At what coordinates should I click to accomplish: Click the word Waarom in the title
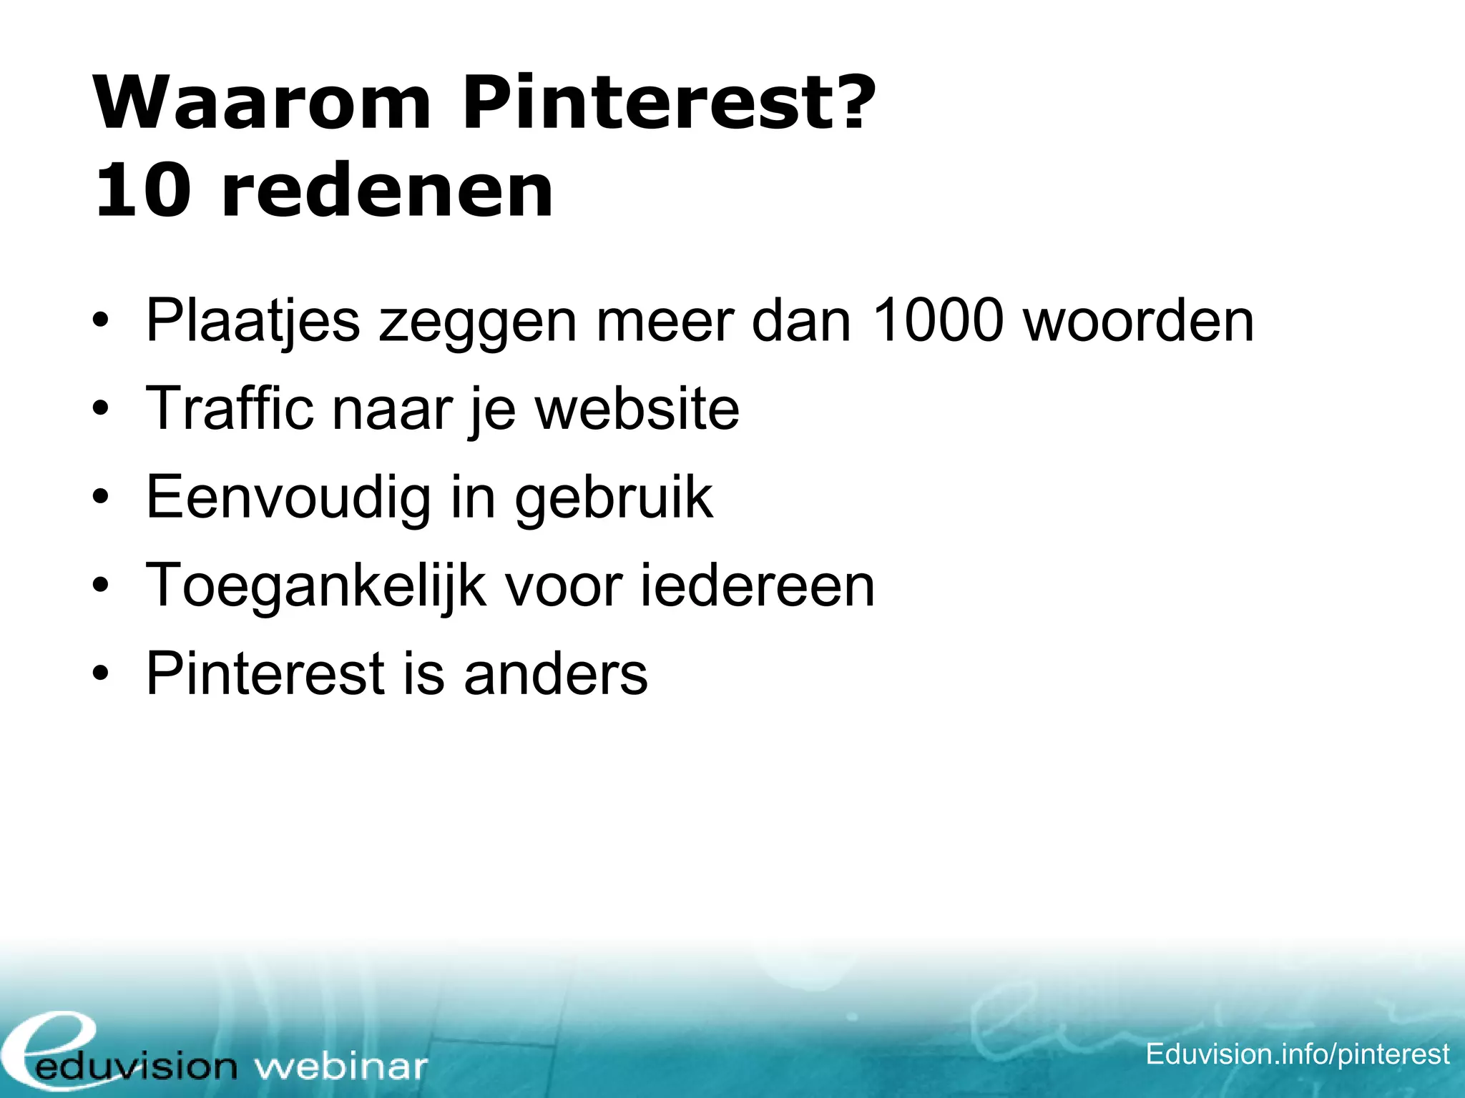click(262, 104)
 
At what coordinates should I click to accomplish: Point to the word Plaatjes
click(253, 322)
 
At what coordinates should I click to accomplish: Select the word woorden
click(1139, 320)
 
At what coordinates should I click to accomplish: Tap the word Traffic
click(230, 408)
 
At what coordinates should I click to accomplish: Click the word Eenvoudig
click(288, 498)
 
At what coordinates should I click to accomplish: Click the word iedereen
click(757, 585)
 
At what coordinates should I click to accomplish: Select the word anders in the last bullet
click(556, 673)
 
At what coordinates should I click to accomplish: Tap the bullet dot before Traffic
click(101, 410)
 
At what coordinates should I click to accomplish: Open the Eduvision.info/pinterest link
click(1297, 1054)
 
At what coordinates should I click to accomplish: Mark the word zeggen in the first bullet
click(477, 322)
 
